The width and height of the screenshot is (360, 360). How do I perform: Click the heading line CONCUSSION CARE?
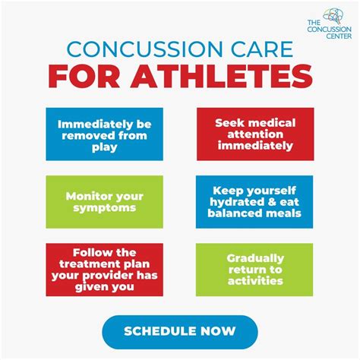(179, 51)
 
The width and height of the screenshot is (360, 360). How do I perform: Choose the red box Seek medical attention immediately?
(254, 134)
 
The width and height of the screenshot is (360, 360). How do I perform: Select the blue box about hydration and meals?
(254, 201)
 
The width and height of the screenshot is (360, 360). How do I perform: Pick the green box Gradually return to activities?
(254, 269)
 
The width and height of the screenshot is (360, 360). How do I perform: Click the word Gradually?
(254, 257)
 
